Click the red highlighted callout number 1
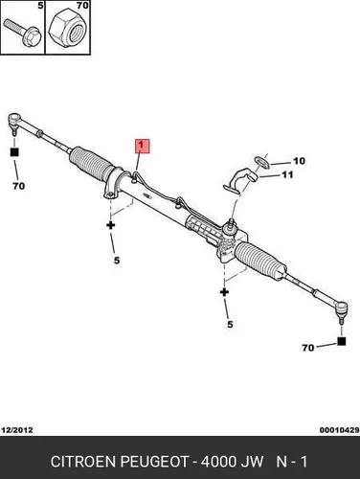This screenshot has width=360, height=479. [143, 146]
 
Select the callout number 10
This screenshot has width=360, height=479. [299, 161]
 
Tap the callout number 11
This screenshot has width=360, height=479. [287, 174]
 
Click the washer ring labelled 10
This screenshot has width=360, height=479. [262, 162]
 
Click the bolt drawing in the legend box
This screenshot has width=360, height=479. [22, 33]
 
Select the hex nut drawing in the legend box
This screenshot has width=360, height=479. [68, 29]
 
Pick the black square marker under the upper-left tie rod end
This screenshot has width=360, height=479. [14, 152]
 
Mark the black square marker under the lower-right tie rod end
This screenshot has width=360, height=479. [342, 341]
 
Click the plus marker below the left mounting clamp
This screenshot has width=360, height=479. [111, 225]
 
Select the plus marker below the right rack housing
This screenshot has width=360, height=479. [224, 292]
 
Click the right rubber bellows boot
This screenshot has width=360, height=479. [260, 261]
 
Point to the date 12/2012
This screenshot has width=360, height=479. [17, 430]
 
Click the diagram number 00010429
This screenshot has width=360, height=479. [340, 430]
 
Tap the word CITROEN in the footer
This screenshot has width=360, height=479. [83, 462]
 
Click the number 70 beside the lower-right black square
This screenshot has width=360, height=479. [308, 348]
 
